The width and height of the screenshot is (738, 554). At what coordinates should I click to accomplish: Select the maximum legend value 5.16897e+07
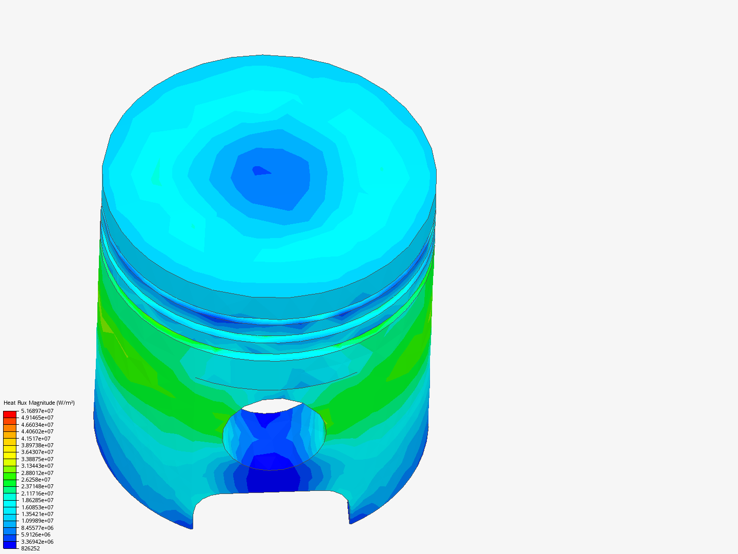(x=37, y=411)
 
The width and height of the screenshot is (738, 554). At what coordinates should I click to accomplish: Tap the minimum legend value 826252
(x=30, y=548)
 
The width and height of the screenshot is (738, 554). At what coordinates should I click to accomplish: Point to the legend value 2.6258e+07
(x=36, y=480)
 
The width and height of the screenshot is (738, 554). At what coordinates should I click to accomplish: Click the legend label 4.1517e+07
(x=36, y=439)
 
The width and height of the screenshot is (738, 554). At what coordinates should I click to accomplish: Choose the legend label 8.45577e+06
(x=37, y=528)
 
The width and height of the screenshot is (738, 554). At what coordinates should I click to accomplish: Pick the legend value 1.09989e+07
(x=37, y=521)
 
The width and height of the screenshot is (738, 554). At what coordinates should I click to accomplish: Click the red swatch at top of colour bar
(x=10, y=414)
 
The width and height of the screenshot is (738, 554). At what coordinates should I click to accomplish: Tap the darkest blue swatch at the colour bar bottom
(x=10, y=545)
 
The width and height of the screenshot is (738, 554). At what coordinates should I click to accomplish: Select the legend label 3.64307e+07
(x=37, y=452)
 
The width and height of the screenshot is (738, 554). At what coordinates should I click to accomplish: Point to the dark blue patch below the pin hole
(x=273, y=480)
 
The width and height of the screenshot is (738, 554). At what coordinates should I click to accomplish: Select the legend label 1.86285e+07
(x=37, y=500)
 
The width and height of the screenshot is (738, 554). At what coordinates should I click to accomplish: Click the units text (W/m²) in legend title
(x=65, y=403)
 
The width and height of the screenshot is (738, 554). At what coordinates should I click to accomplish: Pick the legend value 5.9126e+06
(x=36, y=535)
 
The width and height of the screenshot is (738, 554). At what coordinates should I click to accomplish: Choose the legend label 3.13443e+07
(x=37, y=466)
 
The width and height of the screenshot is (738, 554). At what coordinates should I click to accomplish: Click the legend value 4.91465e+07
(x=37, y=418)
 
